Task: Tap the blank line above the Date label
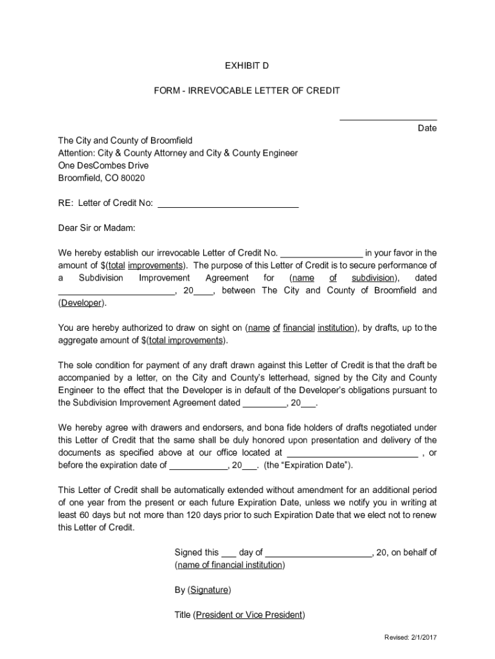click(388, 119)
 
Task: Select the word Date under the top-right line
click(427, 128)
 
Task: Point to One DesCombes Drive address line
click(103, 165)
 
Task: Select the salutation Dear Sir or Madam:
click(97, 228)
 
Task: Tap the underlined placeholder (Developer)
click(82, 302)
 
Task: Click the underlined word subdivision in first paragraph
click(373, 278)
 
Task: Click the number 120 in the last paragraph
click(194, 515)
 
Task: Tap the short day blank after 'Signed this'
click(229, 553)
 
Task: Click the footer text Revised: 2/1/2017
click(410, 637)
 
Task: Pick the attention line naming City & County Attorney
click(178, 153)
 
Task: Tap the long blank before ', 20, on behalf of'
click(319, 553)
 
